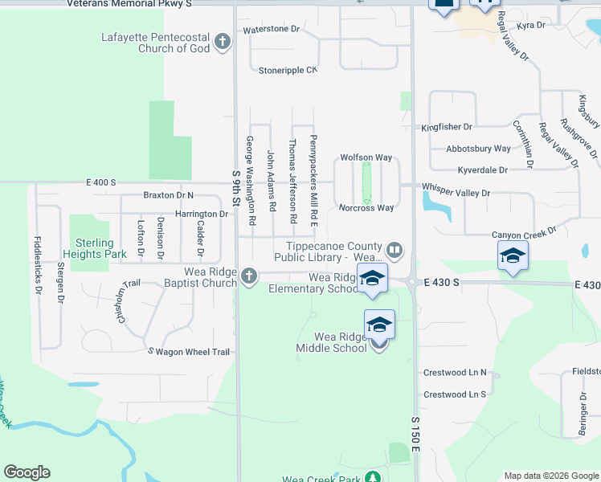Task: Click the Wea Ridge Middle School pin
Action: [x=379, y=326]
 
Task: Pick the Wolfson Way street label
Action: [x=366, y=157]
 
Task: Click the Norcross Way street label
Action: [x=366, y=208]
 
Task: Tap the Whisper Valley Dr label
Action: [x=456, y=194]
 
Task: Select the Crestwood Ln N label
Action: [x=456, y=374]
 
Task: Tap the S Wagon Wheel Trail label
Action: [x=188, y=352]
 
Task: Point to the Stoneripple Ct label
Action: [x=288, y=71]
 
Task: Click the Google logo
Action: [x=27, y=472]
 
